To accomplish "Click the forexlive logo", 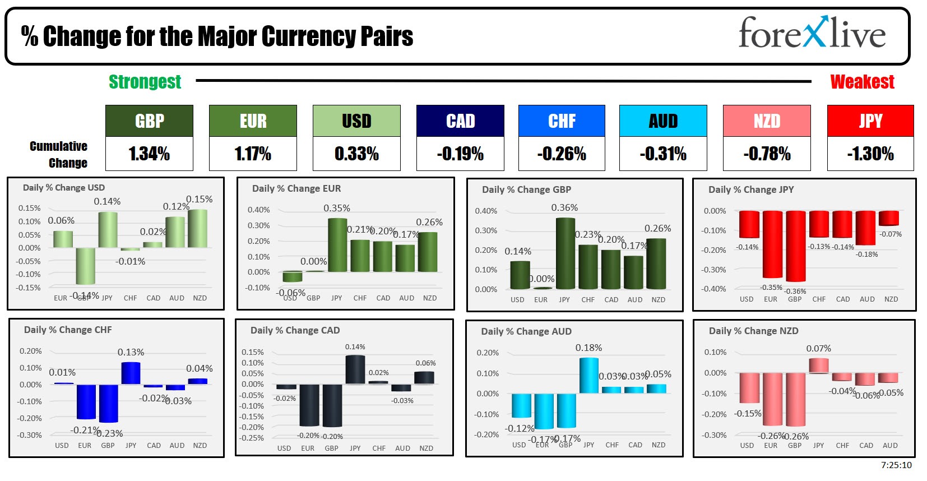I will coord(812,34).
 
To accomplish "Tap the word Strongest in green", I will coord(145,82).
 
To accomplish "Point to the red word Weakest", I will coord(862,82).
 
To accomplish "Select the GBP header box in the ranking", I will coord(149,121).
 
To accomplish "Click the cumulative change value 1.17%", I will coord(253,154).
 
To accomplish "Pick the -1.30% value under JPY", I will coord(870,154).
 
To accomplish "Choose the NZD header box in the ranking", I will coord(767,121).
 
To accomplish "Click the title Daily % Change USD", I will coord(64,188).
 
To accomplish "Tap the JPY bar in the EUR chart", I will coord(337,245).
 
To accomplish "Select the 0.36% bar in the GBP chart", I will coord(565,253).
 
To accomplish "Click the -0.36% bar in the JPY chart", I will coord(795,246).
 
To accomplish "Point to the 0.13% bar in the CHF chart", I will coord(131,373).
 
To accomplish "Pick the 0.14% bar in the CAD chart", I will coord(355,369).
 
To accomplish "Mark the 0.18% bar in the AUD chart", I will coord(588,375).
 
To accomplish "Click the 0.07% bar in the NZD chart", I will coord(818,366).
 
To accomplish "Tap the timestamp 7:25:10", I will coord(896,465).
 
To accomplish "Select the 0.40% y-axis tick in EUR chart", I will coord(258,210).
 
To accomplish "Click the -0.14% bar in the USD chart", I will coord(85,266).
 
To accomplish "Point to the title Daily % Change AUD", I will coord(526,331).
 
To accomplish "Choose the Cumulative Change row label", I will coord(59,154).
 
